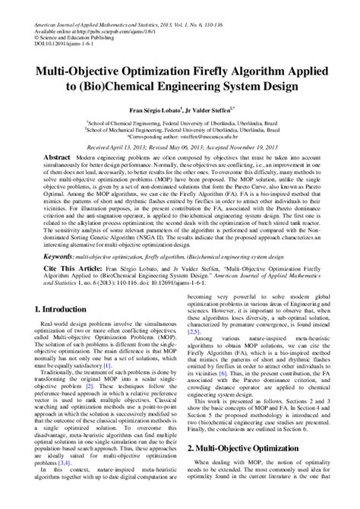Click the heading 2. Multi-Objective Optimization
click(248, 450)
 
